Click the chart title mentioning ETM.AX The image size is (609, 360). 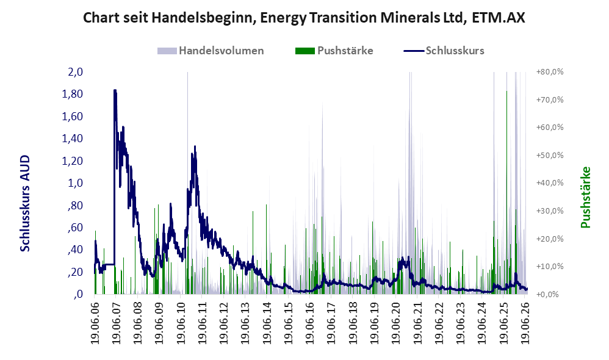click(x=304, y=18)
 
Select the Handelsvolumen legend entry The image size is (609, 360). click(x=211, y=51)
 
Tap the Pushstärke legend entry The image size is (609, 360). click(x=334, y=51)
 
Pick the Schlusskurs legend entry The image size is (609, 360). click(x=444, y=51)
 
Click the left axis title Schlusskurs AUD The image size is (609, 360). click(x=25, y=203)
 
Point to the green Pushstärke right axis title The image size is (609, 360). click(x=585, y=197)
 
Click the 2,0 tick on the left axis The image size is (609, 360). click(x=75, y=72)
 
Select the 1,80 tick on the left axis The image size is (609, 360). click(x=72, y=94)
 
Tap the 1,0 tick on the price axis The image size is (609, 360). click(x=75, y=183)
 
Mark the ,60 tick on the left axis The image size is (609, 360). click(x=75, y=227)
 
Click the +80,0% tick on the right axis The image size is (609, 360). click(x=550, y=72)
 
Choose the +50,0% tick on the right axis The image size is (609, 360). click(x=550, y=156)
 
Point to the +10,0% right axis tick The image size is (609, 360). click(x=550, y=267)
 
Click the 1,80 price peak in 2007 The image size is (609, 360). click(x=115, y=91)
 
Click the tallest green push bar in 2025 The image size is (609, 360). click(x=506, y=192)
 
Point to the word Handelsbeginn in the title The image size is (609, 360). click(x=203, y=18)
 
